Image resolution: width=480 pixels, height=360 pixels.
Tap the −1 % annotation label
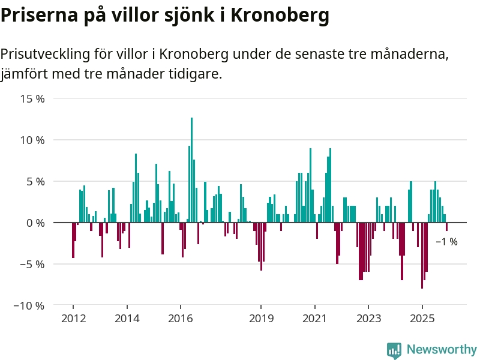pos(446,242)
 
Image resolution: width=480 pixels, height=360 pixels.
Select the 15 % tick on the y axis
pos(32,98)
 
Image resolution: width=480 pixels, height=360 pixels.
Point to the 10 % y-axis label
pos(32,140)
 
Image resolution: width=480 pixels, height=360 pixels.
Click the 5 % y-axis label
pos(35,181)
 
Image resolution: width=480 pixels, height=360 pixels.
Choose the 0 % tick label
pos(35,223)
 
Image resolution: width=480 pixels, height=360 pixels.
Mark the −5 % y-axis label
pos(32,264)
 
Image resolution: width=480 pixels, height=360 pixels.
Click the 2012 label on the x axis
pos(73,318)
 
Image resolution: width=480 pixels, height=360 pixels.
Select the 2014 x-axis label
pos(127,318)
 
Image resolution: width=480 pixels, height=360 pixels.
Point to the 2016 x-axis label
pos(181,318)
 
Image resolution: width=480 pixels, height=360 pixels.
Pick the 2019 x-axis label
pos(261,318)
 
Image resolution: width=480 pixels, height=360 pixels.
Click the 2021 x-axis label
pos(314,318)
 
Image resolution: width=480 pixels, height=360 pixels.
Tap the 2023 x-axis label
pos(368,318)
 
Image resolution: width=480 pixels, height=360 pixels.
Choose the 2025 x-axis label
pos(422,318)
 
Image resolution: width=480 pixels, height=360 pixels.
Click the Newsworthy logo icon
pos(394,350)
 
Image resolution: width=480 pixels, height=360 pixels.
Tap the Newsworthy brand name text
pos(442,349)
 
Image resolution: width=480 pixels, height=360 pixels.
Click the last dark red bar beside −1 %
pos(446,227)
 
